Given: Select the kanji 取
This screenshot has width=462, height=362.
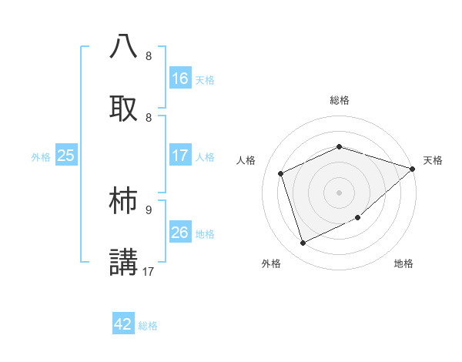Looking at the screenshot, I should coord(124,107).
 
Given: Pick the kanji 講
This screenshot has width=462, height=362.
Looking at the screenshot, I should coord(124,261).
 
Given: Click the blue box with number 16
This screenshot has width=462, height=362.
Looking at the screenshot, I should coord(180,79).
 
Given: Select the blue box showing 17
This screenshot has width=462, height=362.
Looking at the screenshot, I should coord(180,156).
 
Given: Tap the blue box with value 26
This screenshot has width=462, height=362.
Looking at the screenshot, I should coord(180,233).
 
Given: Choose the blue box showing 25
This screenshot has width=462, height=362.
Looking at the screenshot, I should coord(66,156).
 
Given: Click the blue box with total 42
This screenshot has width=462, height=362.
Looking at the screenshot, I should coord(123,324).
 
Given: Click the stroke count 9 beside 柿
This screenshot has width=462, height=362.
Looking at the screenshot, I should coord(149,209).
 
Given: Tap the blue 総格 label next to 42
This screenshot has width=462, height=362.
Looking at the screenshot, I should coord(148,326).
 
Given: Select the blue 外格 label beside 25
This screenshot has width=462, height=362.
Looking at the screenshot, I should coord(41,156).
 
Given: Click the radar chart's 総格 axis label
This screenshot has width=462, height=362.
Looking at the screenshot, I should coord(339,100).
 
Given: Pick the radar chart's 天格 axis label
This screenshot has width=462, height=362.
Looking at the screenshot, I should coord(433,160).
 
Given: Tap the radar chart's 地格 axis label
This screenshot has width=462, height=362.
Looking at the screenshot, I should coord(403,263).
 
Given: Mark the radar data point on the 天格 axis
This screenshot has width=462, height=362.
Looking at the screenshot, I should coord(413,169).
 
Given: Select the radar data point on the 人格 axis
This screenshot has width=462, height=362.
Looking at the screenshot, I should coord(282,173).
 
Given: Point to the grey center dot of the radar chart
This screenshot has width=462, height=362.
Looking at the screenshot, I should coord(339,192).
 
